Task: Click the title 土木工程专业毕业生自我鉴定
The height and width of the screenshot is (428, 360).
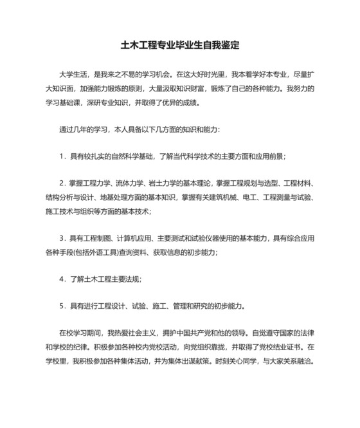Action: point(180,46)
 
